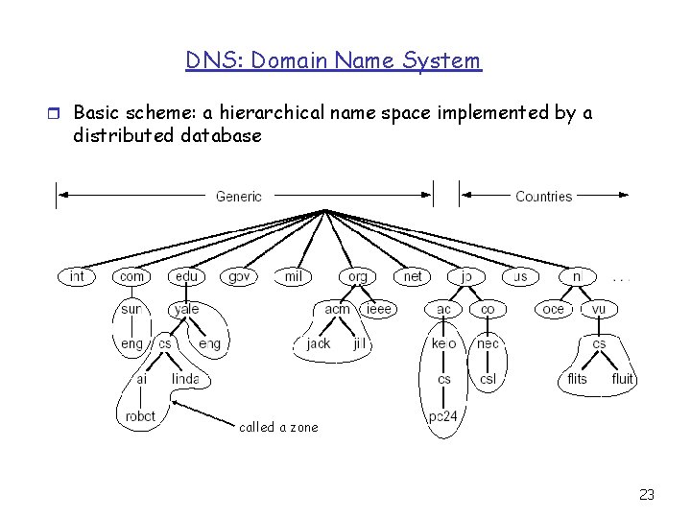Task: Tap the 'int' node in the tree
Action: click(77, 276)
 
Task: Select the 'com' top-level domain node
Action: click(131, 276)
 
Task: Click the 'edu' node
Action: click(186, 276)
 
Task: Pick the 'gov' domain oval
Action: click(239, 276)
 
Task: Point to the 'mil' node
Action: click(294, 276)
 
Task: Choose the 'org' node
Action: click(358, 276)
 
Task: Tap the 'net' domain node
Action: click(413, 276)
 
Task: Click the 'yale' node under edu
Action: click(186, 309)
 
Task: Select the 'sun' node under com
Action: click(131, 309)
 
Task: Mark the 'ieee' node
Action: click(379, 309)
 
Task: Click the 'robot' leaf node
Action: click(140, 416)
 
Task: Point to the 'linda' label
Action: click(185, 380)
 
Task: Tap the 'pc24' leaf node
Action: click(443, 416)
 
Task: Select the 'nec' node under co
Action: click(488, 342)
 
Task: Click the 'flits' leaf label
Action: click(577, 379)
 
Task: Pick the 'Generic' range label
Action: click(239, 197)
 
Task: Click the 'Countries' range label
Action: click(543, 197)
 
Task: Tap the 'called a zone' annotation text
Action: click(278, 427)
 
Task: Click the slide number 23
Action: click(646, 495)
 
